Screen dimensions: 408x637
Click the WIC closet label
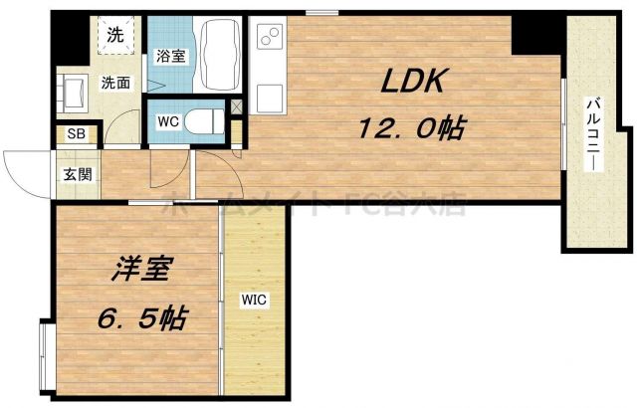click(x=254, y=298)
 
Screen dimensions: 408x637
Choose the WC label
click(x=167, y=121)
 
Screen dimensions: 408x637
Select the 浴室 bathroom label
click(x=169, y=57)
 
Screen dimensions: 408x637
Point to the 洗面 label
click(x=115, y=83)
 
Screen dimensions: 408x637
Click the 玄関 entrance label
click(x=78, y=175)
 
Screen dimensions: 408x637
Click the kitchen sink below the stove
click(x=269, y=99)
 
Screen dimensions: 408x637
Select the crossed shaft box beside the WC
click(x=237, y=106)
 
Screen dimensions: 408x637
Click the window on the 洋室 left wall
click(x=43, y=353)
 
